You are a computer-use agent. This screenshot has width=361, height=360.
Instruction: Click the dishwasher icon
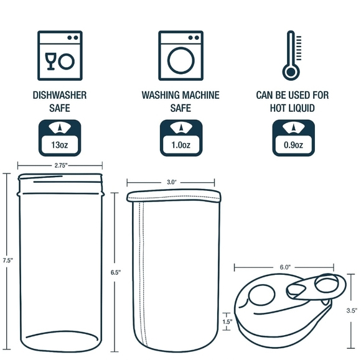pos(60,55)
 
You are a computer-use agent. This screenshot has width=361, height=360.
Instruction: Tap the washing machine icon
pos(180,55)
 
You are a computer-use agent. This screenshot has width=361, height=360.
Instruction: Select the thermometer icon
pos(292,55)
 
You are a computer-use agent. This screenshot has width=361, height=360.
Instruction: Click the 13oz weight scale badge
pos(60,138)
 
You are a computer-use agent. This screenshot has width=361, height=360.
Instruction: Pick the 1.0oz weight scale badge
pos(181,138)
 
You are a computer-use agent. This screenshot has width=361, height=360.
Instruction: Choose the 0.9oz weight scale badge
pos(294,138)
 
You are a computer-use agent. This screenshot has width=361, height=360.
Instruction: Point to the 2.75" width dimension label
pos(61,165)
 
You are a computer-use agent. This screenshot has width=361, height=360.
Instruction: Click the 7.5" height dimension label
pos(7,261)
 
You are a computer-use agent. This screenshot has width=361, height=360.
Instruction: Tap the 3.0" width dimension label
pos(172,182)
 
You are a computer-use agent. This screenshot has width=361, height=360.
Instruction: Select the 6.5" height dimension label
pos(116,272)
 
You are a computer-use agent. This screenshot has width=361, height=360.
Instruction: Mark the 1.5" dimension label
pos(227,321)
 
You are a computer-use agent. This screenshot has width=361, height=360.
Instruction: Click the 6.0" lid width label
pos(285,267)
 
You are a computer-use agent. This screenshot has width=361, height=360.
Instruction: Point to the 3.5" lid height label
pos(352,310)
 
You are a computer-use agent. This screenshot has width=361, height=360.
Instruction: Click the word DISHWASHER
pos(60,95)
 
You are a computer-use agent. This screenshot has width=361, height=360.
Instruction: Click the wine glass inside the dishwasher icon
pos(50,61)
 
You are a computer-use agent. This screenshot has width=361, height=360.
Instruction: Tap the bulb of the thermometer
pos(291,72)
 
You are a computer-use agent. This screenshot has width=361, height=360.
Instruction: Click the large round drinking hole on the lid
pos(262,295)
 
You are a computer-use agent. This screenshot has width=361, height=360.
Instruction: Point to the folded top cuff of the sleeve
pos(174,196)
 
